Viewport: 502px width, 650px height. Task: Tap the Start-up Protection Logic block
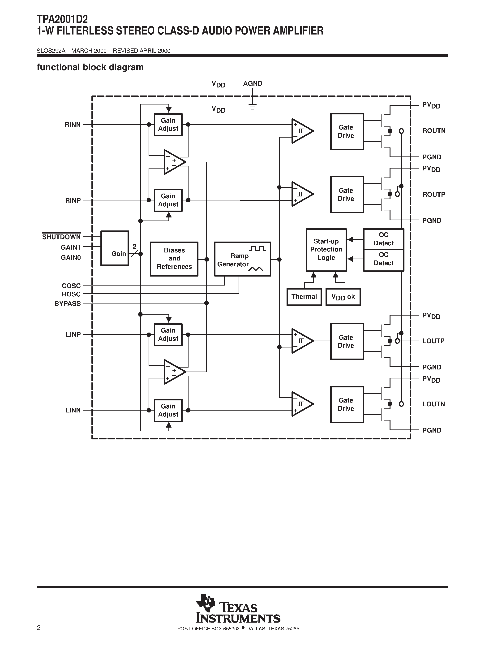point(326,250)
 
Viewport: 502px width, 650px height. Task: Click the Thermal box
point(304,297)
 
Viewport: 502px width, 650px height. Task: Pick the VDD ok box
point(343,297)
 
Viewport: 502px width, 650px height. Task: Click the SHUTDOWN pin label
point(61,237)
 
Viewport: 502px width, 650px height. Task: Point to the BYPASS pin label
point(68,303)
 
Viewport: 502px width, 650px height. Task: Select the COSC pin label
point(71,286)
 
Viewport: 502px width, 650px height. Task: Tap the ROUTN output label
point(433,131)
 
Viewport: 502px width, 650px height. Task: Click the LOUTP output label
point(433,341)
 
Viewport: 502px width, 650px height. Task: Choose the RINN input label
point(73,125)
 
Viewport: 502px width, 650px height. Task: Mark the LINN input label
point(73,410)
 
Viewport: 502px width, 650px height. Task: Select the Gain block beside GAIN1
point(115,248)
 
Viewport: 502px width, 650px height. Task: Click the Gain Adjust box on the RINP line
point(168,200)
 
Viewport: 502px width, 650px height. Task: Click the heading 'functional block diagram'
point(90,67)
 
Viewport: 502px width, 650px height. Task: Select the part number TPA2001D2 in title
point(62,19)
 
